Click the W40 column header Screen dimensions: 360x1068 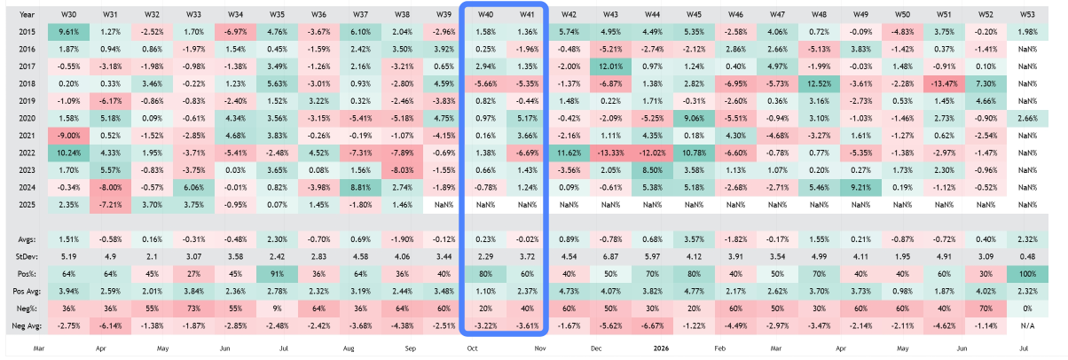coord(485,14)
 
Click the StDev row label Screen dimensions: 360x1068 coord(28,255)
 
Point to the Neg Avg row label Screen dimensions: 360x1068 coord(32,325)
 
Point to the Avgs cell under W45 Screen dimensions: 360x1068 coord(694,238)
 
